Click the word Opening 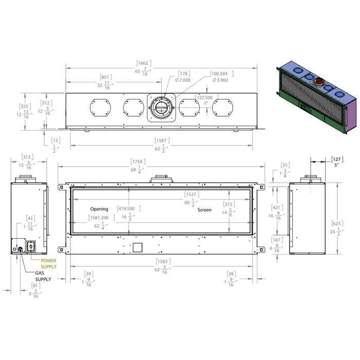coord(99,209)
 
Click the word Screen coord(205,210)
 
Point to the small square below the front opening coord(137,247)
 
